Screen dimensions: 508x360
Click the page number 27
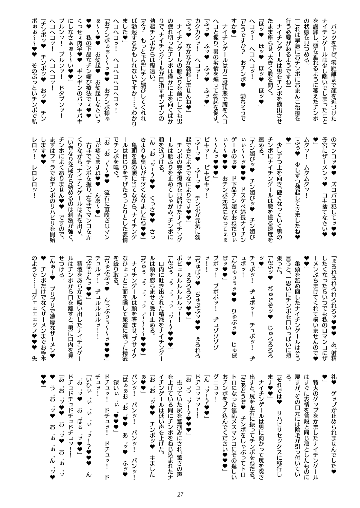click(180, 494)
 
